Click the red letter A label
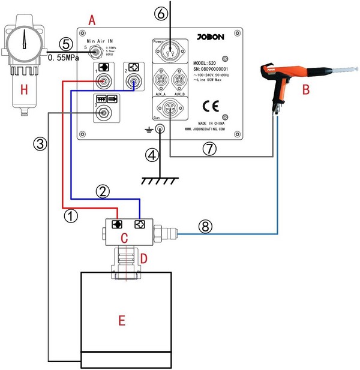click(91, 20)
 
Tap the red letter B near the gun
click(306, 91)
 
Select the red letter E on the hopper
click(121, 321)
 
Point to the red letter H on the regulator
click(25, 89)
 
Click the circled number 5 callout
click(67, 44)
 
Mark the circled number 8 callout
click(205, 227)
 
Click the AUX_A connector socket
click(161, 80)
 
